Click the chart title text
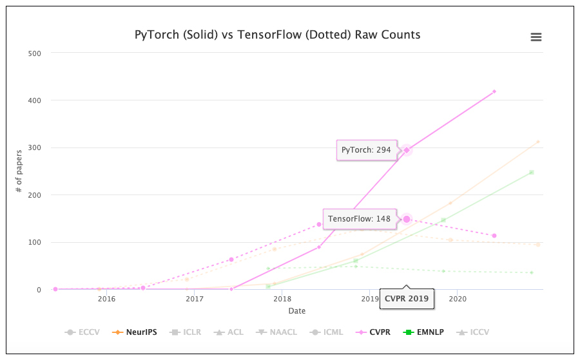(277, 35)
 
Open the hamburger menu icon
(536, 37)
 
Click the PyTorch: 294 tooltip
(366, 150)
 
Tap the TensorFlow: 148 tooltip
(359, 219)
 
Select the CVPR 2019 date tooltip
(406, 299)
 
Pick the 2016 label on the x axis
(106, 299)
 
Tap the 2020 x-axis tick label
(458, 299)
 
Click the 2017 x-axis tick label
(194, 299)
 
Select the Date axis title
(297, 311)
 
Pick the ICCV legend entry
(475, 332)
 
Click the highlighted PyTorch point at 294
(407, 150)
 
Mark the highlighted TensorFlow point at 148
(407, 219)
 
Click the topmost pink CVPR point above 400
(494, 91)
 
